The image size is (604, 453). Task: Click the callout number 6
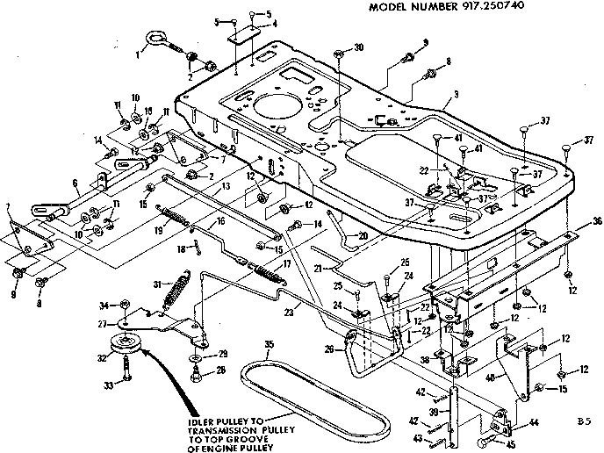pyautogui.click(x=76, y=183)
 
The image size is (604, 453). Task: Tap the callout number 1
pyautogui.click(x=137, y=52)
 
